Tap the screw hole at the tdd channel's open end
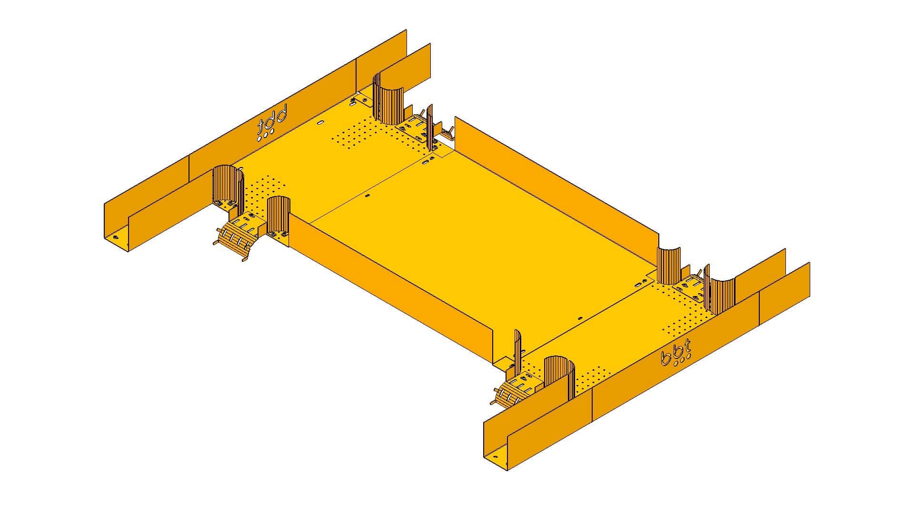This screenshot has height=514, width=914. (x=114, y=237)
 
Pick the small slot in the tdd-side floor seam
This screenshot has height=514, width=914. (x=367, y=195)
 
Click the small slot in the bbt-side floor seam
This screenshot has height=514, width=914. (x=580, y=318)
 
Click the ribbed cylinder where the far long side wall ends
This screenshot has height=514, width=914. (x=669, y=267)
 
